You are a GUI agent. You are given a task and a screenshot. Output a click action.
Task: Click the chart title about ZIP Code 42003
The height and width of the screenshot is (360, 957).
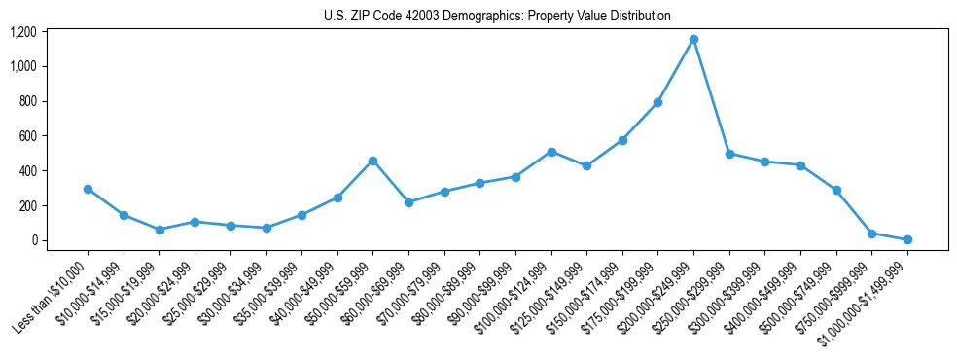coord(497,16)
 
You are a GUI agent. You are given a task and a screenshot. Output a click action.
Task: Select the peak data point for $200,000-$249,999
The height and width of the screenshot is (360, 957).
coord(693,40)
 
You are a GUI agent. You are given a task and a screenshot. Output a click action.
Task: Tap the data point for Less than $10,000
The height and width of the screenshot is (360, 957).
coord(88,189)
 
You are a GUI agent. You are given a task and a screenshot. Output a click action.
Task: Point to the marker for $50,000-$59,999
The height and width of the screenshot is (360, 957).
coord(372,161)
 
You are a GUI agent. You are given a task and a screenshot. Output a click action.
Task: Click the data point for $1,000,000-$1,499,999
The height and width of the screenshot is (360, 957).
coord(907,239)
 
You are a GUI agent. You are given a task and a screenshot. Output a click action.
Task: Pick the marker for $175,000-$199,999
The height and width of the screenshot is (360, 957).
coord(657,102)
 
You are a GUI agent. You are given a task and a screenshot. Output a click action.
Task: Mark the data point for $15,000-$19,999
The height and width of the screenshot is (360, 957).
coord(159,230)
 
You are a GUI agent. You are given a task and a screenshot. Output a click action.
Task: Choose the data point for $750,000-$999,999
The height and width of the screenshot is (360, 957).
coord(871,234)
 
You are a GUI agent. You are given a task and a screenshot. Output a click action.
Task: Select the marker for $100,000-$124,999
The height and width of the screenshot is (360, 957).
coord(551,152)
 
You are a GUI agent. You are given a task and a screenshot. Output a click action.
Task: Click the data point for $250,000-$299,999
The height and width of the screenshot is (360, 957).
coord(729,154)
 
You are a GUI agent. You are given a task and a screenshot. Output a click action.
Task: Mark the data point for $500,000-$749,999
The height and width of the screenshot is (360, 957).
coord(836,190)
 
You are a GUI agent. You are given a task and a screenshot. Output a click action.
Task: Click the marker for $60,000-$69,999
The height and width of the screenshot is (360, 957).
coord(408,202)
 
